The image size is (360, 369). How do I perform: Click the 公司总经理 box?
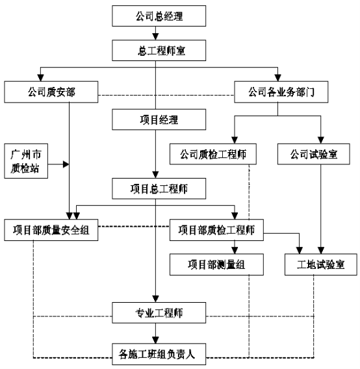click(159, 16)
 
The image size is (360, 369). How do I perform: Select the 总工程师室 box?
click(159, 51)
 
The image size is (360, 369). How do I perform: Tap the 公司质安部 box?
click(51, 92)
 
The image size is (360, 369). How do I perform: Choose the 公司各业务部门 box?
click(281, 92)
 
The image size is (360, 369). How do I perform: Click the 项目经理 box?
click(159, 120)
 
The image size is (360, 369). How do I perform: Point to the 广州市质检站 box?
click(26, 161)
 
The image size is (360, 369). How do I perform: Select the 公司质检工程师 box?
click(213, 154)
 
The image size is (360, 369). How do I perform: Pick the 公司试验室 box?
click(314, 154)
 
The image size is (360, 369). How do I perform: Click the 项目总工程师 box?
click(159, 188)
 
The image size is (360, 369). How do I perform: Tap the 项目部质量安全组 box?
click(51, 230)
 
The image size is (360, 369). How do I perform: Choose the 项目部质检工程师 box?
click(216, 230)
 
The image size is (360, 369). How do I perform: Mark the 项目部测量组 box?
click(216, 264)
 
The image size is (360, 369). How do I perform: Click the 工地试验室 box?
click(321, 264)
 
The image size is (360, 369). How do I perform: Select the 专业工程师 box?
click(159, 312)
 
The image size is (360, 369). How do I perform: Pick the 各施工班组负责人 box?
click(159, 354)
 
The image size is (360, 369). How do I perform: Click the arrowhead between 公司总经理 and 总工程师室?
click(155, 36)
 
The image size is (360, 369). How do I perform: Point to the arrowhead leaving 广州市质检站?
click(66, 164)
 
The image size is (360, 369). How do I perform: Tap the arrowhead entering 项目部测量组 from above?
click(235, 250)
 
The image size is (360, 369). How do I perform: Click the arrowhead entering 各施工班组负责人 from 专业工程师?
click(155, 340)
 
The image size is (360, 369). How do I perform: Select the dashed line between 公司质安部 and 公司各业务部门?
click(166, 95)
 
